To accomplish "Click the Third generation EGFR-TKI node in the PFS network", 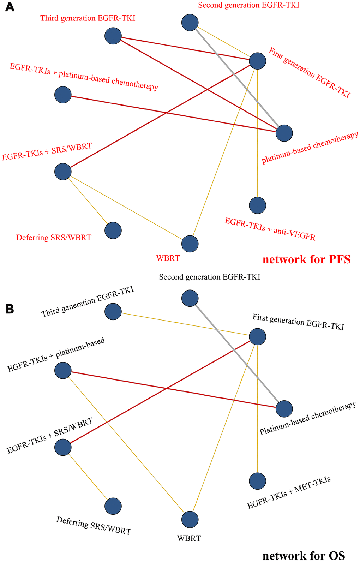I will [113, 36].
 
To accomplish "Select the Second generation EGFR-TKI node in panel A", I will [190, 23].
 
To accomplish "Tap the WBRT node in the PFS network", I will [190, 244].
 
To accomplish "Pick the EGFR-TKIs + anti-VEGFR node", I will [258, 205].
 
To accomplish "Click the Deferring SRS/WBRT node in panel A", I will [113, 231].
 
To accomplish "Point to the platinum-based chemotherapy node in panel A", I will [284, 133].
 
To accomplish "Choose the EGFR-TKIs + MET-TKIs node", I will [258, 481].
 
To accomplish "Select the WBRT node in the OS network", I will [190, 520].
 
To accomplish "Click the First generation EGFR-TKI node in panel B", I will [258, 337].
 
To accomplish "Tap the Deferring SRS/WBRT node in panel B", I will [113, 506].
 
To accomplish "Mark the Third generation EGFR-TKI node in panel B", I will [113, 312].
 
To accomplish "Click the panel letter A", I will [10, 7].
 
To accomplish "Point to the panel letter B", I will [10, 309].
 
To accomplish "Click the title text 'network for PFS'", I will [306, 260].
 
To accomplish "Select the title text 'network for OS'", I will [304, 556].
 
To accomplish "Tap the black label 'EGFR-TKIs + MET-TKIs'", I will [289, 492].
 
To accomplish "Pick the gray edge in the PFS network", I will [236, 78].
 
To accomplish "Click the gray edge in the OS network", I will [236, 353].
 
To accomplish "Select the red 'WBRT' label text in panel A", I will [168, 258].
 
